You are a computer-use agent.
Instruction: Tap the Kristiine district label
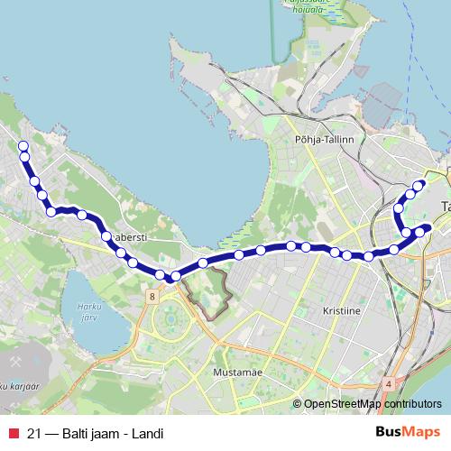coord(341,309)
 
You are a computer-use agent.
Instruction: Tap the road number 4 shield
coord(388,383)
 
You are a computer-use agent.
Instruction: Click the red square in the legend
coord(13,432)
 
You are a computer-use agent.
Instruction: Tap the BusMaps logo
coord(409,432)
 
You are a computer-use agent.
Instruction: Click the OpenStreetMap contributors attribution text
coord(373,404)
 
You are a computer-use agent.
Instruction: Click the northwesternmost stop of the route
coord(23,146)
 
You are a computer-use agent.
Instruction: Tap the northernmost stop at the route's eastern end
coord(418,186)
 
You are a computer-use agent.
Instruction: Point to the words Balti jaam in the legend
coord(91,432)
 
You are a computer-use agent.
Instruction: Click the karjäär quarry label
coord(18,385)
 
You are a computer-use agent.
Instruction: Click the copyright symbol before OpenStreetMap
coord(299,404)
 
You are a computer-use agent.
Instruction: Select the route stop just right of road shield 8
coord(177,276)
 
